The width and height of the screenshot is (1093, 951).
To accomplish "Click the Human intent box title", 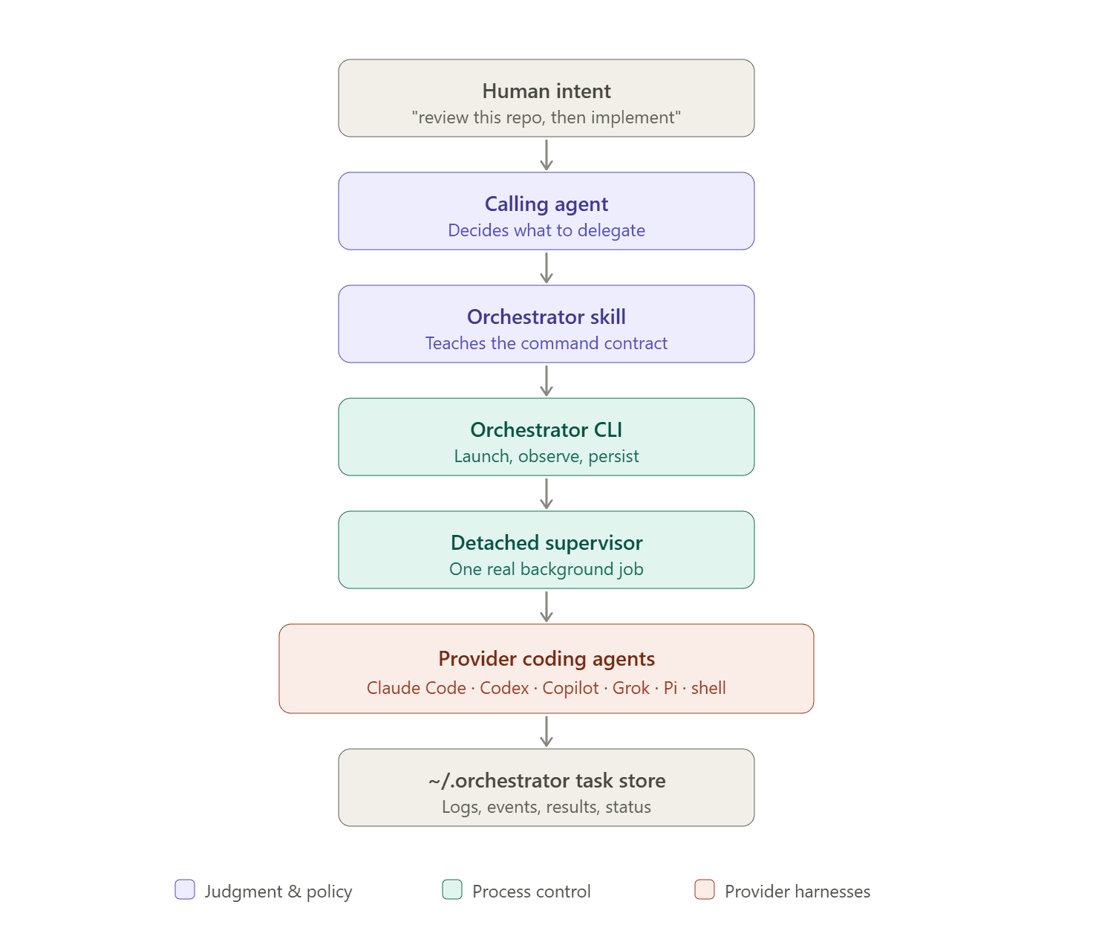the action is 546,91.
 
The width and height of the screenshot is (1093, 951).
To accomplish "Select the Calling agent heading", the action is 546,204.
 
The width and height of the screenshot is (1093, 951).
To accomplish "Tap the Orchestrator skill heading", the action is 546,317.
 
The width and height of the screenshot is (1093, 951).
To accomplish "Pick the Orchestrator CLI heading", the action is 546,429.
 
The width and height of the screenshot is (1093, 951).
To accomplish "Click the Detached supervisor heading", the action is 546,543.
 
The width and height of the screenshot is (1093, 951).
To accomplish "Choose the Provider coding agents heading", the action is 546,659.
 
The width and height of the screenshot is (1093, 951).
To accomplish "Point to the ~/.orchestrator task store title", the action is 546,781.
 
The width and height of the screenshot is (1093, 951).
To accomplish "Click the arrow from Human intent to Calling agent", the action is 546,155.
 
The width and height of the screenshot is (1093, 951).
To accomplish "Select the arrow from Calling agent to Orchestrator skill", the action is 546,267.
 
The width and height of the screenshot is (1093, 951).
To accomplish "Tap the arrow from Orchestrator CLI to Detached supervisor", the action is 546,493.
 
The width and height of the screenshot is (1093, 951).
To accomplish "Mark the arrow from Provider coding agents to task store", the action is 546,731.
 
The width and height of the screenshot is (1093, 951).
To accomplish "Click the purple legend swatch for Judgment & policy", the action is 185,889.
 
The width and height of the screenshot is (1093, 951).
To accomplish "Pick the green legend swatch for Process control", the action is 452,889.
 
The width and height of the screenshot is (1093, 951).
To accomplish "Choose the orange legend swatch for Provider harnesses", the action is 704,889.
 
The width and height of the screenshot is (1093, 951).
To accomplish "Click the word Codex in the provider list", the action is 503,688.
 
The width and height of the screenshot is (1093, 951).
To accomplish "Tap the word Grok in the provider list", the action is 630,688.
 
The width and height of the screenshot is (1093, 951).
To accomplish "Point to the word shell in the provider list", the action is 708,688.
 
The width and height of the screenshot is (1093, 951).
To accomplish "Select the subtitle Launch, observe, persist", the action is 546,456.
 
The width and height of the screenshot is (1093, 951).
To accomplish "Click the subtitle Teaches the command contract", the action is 546,343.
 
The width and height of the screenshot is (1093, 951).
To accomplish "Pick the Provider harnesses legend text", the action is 797,892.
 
